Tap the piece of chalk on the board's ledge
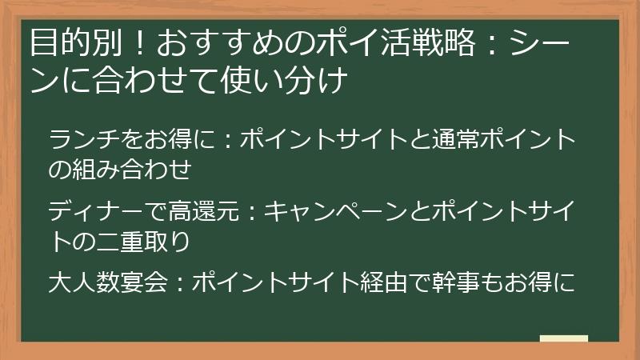click(563, 338)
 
